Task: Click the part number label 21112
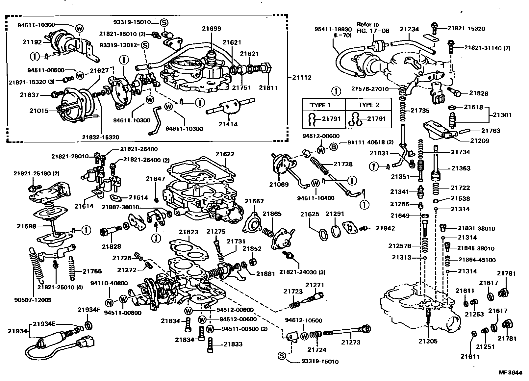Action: point(302,78)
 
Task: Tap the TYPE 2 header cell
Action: point(368,105)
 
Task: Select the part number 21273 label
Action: point(351,342)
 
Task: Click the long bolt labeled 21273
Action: point(345,332)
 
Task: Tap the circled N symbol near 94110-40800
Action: point(109,303)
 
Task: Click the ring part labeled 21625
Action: point(323,234)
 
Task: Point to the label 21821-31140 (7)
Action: point(487,48)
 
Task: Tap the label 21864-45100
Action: point(477,260)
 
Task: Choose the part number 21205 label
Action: point(428,341)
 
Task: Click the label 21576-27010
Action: point(370,89)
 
